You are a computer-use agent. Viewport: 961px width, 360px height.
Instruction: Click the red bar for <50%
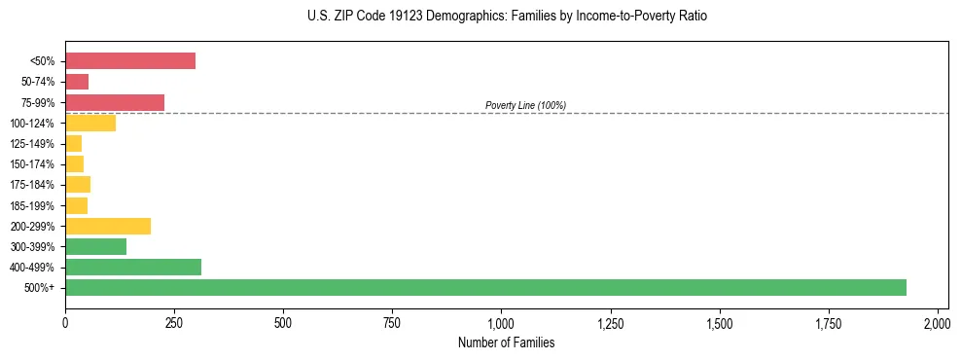coord(130,61)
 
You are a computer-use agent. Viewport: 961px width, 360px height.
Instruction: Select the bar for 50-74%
coord(77,82)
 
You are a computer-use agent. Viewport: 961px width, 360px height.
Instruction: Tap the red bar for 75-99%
coord(115,102)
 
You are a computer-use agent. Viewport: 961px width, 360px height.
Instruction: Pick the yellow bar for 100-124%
coord(90,123)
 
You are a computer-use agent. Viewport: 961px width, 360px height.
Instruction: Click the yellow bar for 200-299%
coord(108,226)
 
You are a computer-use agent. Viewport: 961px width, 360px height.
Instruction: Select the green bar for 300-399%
coord(95,246)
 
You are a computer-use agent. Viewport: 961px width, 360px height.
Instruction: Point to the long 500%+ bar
coord(485,287)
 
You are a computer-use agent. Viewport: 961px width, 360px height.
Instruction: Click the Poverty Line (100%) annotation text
coord(525,105)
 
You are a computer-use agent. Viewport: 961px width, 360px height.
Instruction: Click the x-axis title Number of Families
coord(506,342)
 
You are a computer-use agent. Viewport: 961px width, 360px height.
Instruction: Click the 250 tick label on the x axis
coord(174,322)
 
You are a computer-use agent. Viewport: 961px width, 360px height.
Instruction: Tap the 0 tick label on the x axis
coord(65,322)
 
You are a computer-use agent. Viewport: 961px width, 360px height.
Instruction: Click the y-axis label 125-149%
coord(32,144)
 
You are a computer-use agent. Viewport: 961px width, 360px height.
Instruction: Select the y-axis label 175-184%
coord(32,185)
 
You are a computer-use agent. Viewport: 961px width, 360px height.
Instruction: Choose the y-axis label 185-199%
coord(32,205)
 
